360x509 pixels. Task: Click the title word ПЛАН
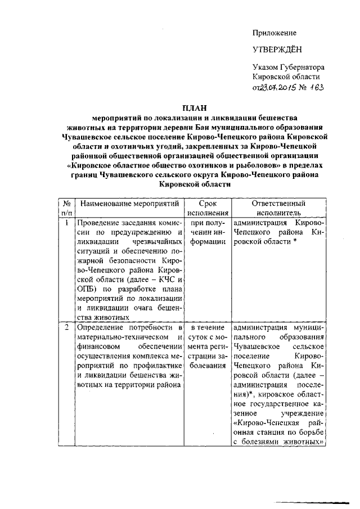tap(194, 108)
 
